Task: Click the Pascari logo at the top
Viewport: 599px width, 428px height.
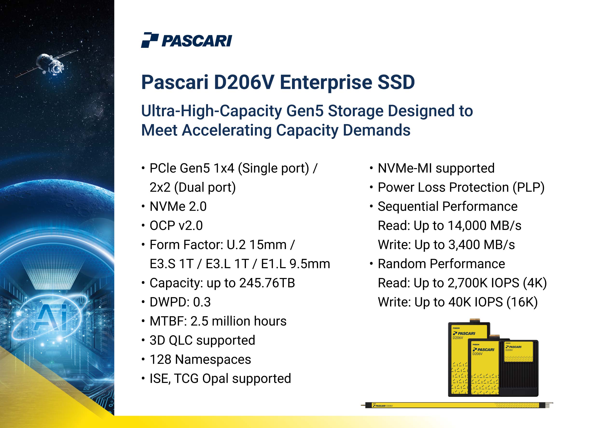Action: pos(186,40)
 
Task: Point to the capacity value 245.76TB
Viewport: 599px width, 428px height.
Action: pos(267,283)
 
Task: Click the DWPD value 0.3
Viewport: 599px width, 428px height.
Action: pos(202,302)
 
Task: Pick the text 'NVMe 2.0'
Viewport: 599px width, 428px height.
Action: pos(178,206)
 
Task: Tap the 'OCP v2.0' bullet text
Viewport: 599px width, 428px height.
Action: pos(176,226)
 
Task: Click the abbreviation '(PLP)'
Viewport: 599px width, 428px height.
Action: pos(529,188)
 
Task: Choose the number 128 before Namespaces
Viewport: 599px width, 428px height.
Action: pos(160,359)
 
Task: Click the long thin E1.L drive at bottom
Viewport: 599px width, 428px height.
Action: pos(457,405)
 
